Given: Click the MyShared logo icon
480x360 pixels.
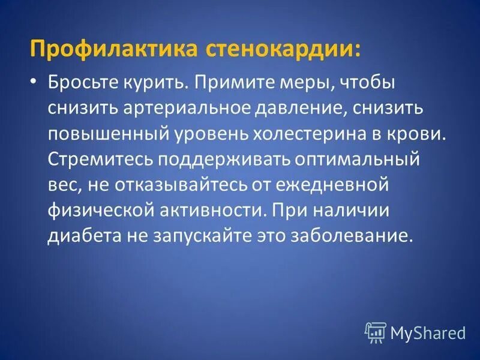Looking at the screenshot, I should (x=376, y=332).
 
